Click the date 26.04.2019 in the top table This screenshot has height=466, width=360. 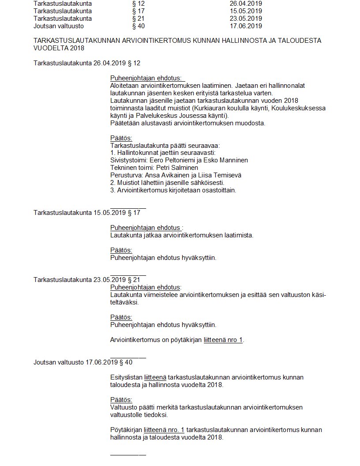click(243, 3)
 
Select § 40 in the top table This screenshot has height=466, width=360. click(138, 26)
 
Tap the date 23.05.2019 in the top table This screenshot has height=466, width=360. click(243, 19)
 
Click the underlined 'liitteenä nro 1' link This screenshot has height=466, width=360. click(223, 340)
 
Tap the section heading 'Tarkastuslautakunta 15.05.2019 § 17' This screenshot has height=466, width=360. click(87, 213)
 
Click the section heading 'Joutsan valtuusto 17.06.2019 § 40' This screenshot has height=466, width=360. click(83, 362)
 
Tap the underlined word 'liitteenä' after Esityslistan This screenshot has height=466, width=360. click(155, 377)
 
